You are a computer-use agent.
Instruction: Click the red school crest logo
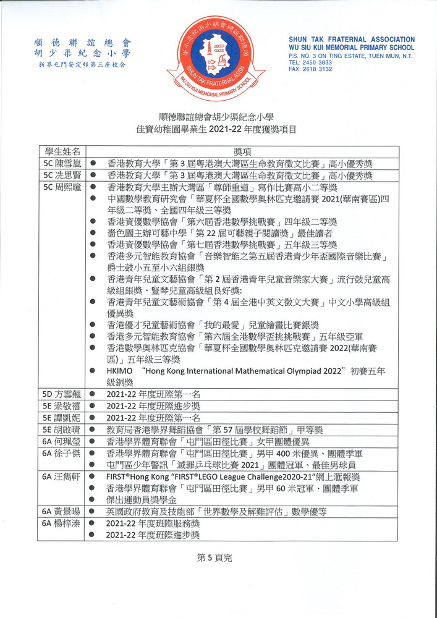point(216,57)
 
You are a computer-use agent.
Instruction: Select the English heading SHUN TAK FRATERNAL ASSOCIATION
point(351,40)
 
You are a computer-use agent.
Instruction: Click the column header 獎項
point(242,151)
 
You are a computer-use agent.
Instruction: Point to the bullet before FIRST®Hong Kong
point(92,477)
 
